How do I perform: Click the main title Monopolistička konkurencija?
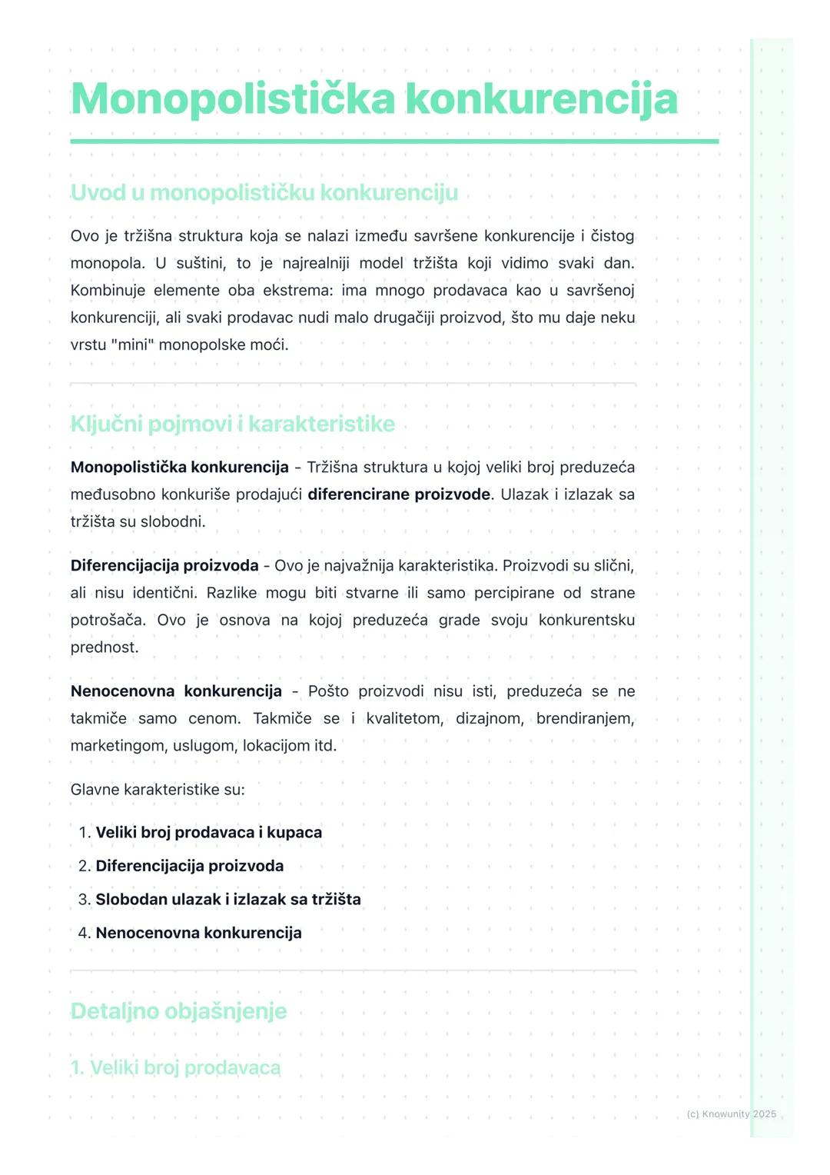tap(374, 99)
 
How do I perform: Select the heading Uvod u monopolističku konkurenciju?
tap(264, 192)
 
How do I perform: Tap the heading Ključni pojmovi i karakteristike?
tap(232, 424)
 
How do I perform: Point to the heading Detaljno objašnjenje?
tap(178, 1010)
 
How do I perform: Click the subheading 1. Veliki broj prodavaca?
tap(175, 1067)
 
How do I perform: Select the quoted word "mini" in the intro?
tap(132, 345)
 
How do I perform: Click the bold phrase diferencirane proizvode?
tap(398, 494)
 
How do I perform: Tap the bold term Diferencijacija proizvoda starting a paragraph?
tap(164, 566)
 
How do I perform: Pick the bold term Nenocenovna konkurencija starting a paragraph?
tap(176, 691)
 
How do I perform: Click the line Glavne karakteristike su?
tap(158, 790)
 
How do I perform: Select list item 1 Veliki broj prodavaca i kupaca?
tap(208, 832)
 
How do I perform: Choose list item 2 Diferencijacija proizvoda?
tap(189, 866)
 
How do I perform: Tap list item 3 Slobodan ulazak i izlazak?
tap(227, 899)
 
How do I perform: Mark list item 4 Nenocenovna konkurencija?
tap(198, 933)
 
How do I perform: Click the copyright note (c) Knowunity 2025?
tap(731, 1113)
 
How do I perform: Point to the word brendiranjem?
tap(585, 718)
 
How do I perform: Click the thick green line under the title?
tap(394, 141)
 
